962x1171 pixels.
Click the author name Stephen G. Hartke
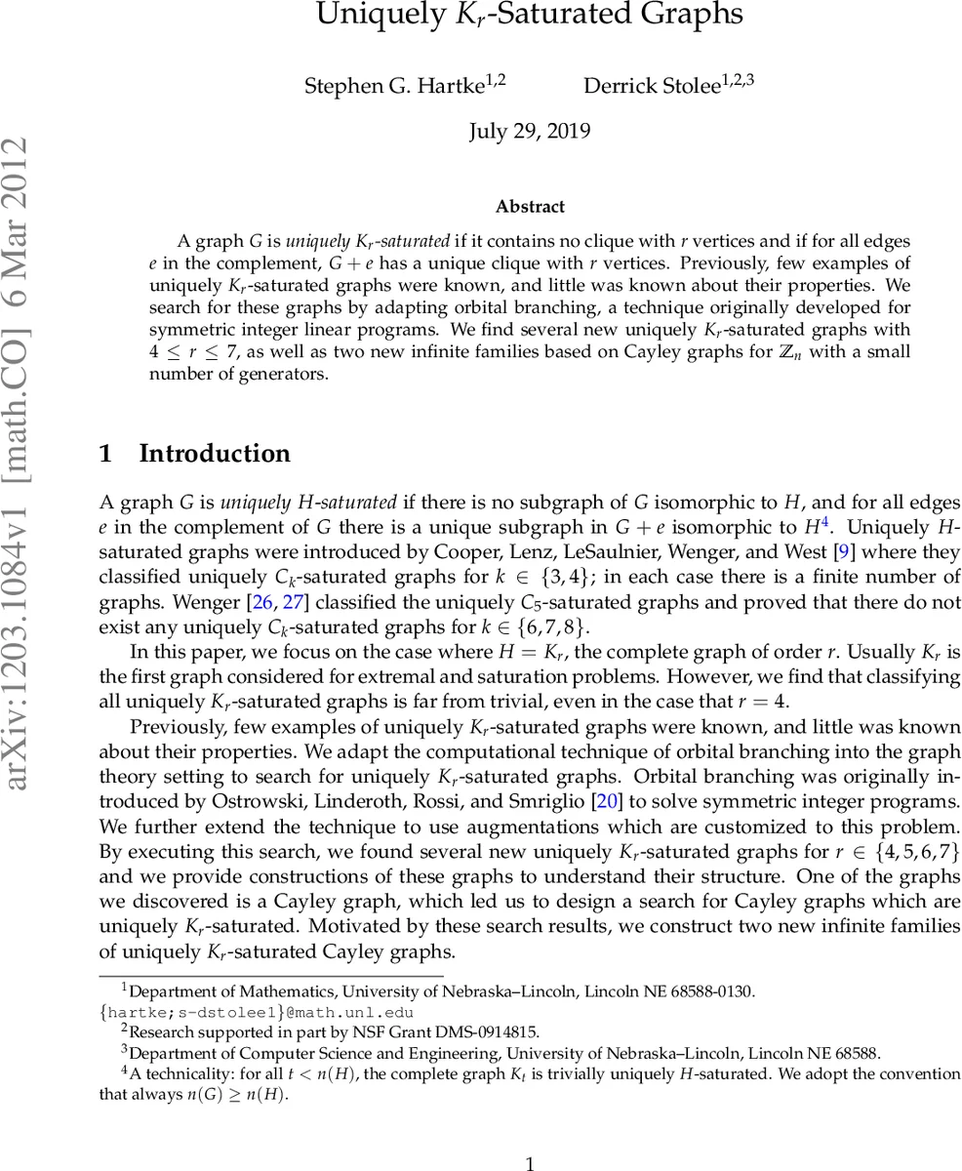394,86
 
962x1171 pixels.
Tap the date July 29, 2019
530,131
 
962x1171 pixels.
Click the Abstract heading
530,207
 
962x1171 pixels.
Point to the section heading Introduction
214,454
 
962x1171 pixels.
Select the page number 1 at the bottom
530,1163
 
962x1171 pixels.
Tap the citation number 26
262,602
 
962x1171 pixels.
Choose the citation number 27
293,602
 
